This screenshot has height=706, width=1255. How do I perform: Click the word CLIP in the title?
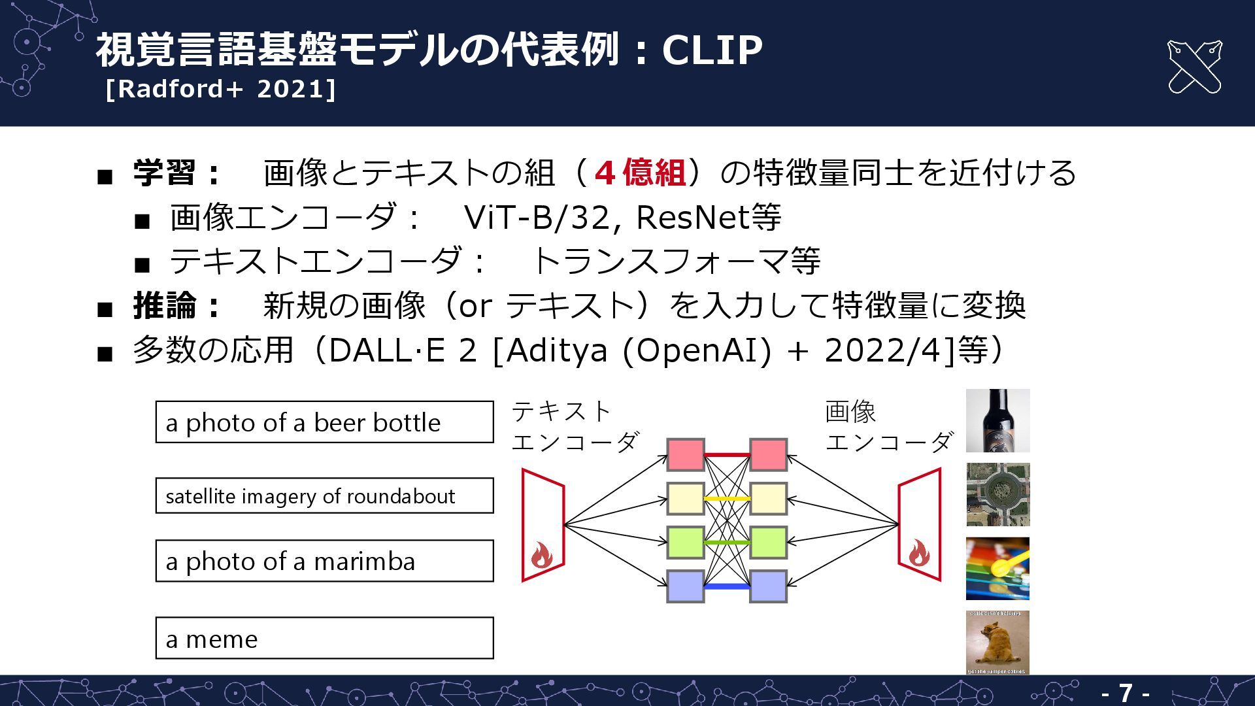coord(712,50)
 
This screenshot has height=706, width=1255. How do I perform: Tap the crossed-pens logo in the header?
coord(1194,67)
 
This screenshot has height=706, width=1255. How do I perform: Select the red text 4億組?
coord(640,173)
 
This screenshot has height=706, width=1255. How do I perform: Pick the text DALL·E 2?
coord(402,350)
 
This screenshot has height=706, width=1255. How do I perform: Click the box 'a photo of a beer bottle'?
coord(324,422)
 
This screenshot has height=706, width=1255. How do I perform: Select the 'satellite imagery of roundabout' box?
coord(324,496)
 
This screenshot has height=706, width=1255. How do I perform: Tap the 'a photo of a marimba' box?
coord(324,561)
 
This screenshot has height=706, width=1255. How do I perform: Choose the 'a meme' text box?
coord(324,638)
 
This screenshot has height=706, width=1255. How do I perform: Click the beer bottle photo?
coord(997,420)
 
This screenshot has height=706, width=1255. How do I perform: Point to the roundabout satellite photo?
coord(997,494)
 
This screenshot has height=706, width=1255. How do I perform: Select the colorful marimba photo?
coord(997,568)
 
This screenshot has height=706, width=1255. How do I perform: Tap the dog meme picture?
coord(997,642)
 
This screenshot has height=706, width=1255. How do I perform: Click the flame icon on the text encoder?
coord(541,556)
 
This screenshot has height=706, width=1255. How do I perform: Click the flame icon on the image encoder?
coord(918,553)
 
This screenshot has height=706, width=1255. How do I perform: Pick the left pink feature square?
coord(685,455)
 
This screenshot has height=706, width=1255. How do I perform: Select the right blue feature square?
coord(768,586)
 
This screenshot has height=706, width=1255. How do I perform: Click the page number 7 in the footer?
coord(1125,693)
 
